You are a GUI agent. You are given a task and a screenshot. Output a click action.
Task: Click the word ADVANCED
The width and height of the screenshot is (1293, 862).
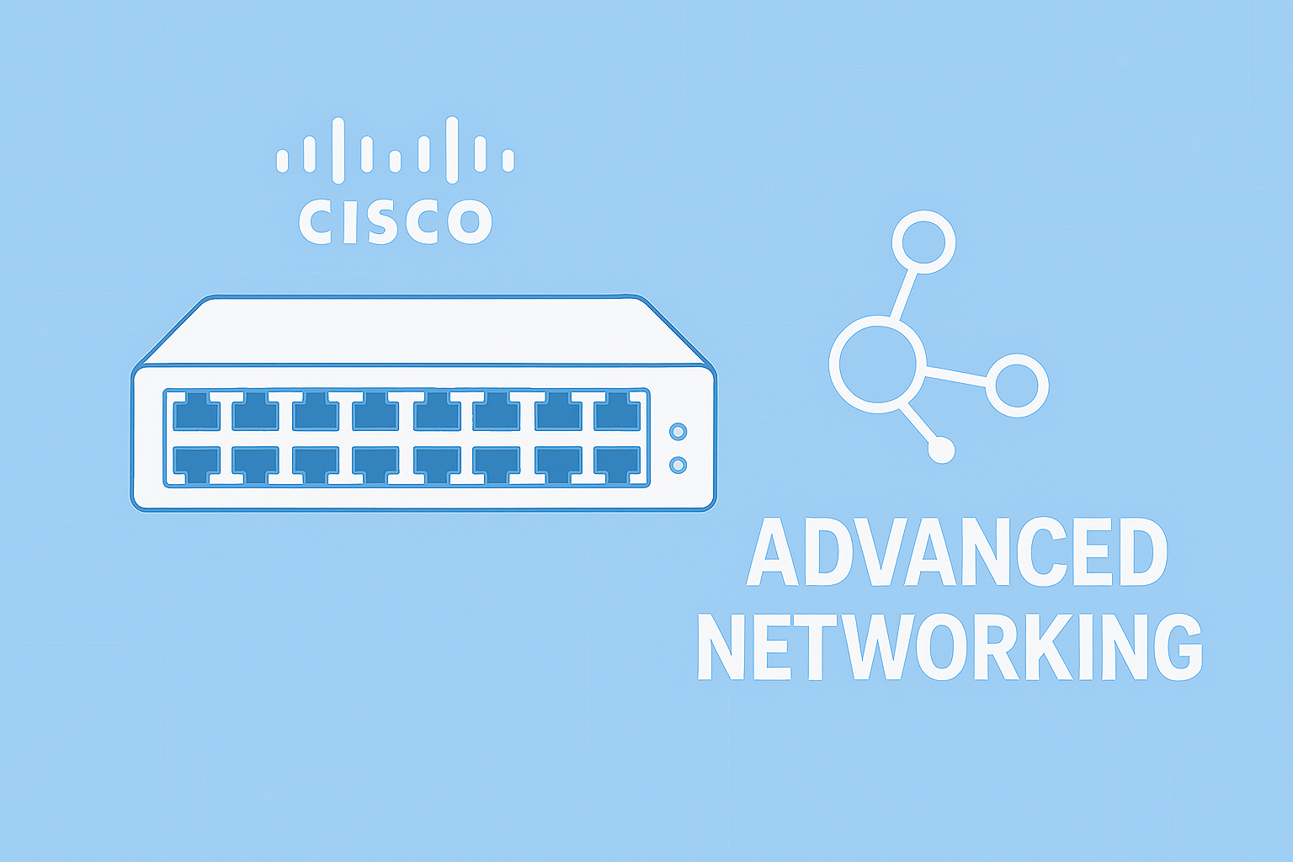956,553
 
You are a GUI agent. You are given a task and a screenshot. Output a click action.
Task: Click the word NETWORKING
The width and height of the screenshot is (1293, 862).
950,646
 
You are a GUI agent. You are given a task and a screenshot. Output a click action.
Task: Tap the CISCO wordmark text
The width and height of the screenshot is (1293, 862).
395,222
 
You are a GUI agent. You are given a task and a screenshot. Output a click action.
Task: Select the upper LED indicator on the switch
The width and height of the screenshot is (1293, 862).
678,432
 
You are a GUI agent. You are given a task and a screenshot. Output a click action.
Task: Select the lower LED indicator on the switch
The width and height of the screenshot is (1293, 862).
678,465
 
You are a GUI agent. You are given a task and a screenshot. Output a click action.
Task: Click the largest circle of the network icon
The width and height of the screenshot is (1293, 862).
877,364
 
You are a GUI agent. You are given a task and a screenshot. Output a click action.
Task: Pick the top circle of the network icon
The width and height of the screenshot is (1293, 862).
923,242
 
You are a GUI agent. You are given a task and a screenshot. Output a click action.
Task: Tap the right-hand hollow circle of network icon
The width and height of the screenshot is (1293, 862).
1017,385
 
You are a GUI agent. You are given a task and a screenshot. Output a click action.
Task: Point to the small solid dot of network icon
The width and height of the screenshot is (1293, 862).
941,450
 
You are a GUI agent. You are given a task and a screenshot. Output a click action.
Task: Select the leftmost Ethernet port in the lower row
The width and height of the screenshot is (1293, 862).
196,464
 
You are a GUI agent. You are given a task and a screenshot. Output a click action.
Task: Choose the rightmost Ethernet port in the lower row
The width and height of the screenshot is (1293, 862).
617,464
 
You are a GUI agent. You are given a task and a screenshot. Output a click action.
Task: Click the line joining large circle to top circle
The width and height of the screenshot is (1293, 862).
904,295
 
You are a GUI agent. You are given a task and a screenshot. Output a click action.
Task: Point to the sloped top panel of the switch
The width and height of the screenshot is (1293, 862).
421,331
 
